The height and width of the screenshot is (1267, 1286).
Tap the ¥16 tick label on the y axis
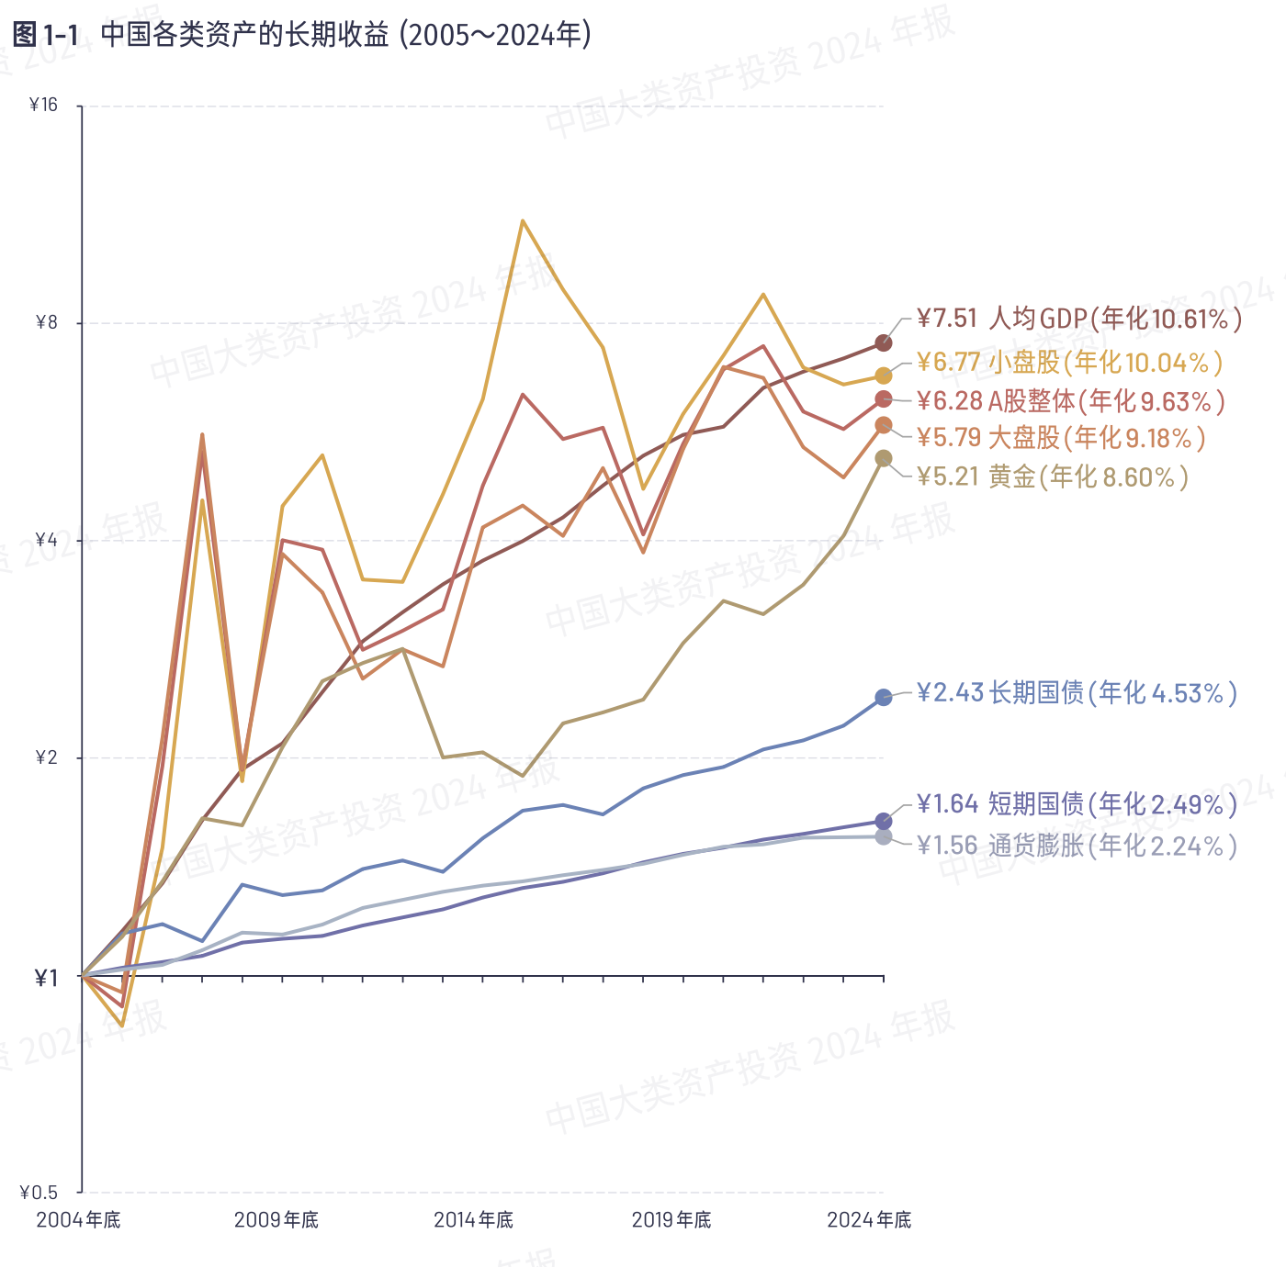(43, 106)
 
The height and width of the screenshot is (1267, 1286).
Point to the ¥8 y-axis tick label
(46, 323)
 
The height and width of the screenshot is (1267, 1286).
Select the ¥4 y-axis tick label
(46, 540)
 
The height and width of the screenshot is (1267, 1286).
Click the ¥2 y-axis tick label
(46, 757)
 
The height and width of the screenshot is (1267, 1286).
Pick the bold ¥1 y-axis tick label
(46, 978)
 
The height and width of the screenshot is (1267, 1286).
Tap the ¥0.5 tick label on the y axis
(39, 1193)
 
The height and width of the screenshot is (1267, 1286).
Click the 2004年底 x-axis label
(78, 1220)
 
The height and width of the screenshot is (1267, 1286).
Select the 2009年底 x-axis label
(276, 1220)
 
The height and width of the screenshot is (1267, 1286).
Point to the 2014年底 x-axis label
(473, 1220)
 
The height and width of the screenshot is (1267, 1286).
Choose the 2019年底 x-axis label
(671, 1220)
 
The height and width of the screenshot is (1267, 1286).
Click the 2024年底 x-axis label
(869, 1220)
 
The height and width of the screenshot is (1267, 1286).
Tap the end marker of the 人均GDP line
(884, 343)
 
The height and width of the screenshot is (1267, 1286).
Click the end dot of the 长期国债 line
(884, 698)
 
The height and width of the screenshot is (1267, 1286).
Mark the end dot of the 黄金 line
(884, 459)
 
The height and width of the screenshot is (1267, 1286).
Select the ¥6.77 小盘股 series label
(1069, 363)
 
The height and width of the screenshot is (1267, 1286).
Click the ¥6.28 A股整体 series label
(1070, 401)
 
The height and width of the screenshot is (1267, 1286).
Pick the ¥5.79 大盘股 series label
(1061, 438)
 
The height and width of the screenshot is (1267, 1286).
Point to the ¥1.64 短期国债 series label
(1077, 805)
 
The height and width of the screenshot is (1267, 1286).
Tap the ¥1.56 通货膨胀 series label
(1077, 846)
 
